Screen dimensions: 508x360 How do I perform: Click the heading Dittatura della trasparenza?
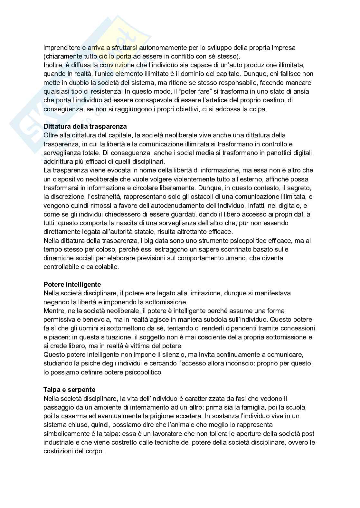[85, 126]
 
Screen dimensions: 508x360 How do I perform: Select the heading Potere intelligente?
[72, 284]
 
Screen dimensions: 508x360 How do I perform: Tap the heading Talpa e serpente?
[70, 390]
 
